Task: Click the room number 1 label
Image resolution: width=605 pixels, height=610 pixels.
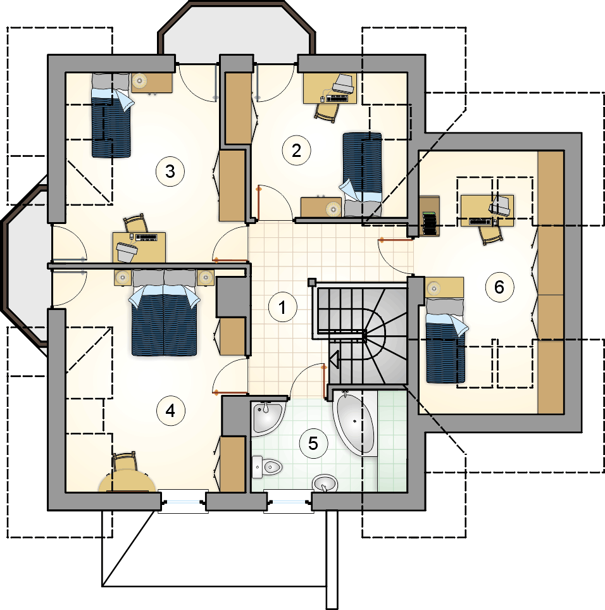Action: coord(282,307)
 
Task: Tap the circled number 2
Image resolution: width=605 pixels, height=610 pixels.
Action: coord(296,150)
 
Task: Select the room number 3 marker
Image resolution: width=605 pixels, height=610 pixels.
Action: coord(170,171)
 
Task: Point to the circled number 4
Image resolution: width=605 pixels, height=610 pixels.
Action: coord(170,411)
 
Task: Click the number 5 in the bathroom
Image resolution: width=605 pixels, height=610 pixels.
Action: coord(313,443)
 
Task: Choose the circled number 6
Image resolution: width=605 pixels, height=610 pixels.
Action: coord(499,287)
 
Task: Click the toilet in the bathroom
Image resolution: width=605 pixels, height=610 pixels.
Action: coord(266,467)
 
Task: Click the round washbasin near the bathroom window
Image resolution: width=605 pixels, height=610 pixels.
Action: coord(325,483)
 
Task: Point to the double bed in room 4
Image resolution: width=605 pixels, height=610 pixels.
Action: coord(164,313)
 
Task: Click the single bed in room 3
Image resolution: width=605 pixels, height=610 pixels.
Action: coord(111,116)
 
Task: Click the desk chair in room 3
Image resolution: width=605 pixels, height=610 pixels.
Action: coord(136,223)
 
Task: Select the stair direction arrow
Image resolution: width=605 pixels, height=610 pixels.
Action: coord(334,359)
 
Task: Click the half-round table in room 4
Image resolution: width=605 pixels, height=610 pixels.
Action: coord(128,481)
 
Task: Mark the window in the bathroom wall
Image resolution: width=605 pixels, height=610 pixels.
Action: coord(289,502)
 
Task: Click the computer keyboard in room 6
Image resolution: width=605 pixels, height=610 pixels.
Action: coord(480,221)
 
